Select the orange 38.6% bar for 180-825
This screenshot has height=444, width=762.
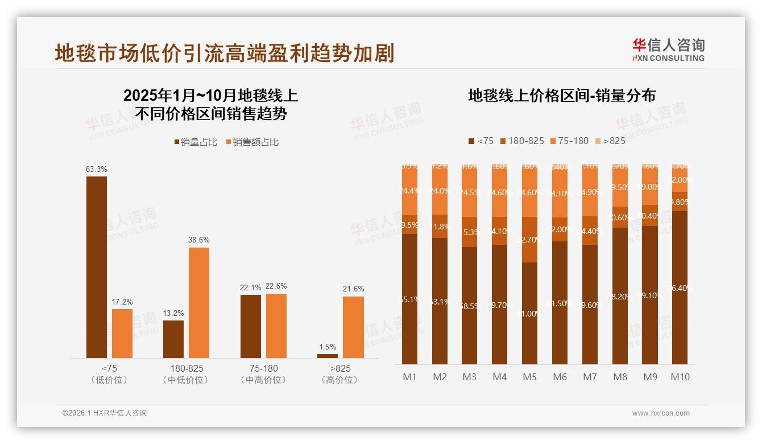199,302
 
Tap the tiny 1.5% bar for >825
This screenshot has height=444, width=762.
328,356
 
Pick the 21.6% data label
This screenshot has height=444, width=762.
353,289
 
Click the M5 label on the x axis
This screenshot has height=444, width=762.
530,377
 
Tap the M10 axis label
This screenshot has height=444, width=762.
680,377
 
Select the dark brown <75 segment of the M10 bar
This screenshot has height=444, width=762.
680,287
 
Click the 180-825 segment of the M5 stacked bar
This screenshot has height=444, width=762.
530,240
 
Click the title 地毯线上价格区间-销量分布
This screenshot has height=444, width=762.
562,96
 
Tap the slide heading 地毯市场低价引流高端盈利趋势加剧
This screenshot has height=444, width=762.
225,54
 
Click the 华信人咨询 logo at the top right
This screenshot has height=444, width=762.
668,50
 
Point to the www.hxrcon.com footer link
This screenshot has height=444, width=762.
661,413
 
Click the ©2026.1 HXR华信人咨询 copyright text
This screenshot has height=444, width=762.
105,413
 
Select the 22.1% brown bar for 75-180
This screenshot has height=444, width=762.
251,326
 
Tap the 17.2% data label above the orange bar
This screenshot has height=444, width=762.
122,302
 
